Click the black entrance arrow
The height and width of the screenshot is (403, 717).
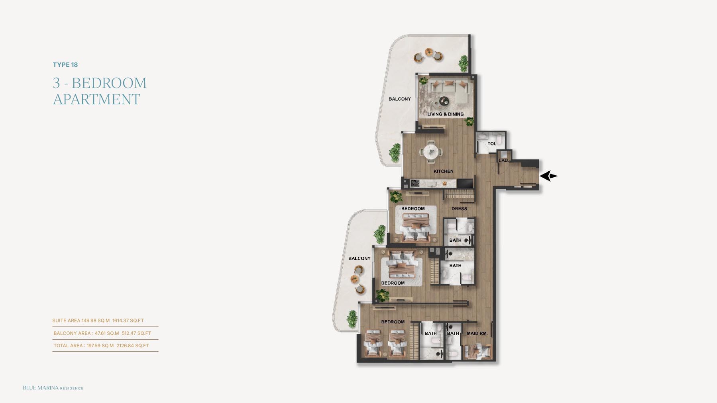[x=549, y=176]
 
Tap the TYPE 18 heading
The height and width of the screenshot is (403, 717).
[x=65, y=65]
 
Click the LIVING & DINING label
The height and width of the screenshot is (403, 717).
[x=446, y=114]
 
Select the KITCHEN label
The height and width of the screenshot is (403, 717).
[x=444, y=171]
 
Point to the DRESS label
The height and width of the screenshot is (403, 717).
[x=459, y=209]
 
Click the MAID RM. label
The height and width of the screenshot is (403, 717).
[x=477, y=333]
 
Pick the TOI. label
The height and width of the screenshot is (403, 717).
[x=492, y=144]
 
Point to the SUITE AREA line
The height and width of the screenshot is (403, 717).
[x=98, y=321]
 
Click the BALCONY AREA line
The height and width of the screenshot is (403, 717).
[x=102, y=333]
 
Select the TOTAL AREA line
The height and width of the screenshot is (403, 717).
[x=101, y=346]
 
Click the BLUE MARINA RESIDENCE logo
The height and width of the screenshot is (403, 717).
[x=53, y=388]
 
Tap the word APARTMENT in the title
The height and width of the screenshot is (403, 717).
[x=96, y=99]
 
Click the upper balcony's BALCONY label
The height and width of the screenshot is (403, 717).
[x=400, y=99]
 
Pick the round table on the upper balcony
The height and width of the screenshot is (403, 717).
[x=429, y=52]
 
